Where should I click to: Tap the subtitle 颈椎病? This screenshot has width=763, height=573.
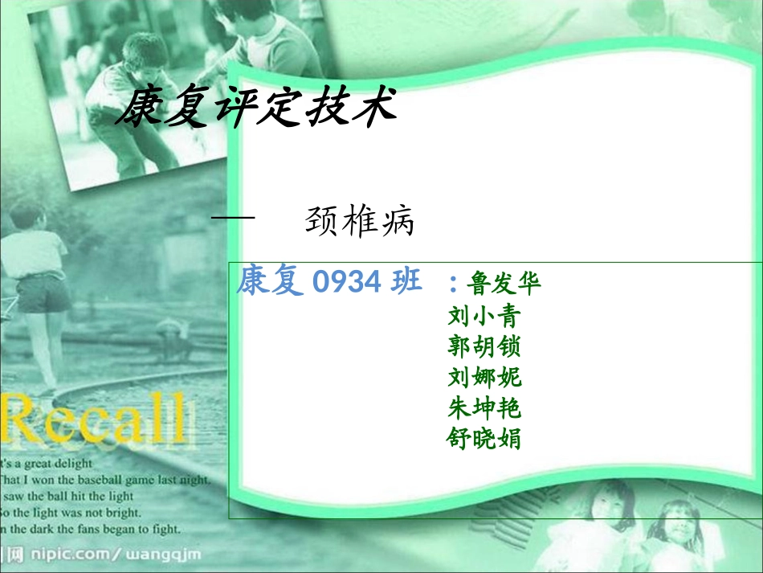360,222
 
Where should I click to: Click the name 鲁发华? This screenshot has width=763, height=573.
504,284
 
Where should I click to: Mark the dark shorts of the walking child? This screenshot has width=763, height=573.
43,295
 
